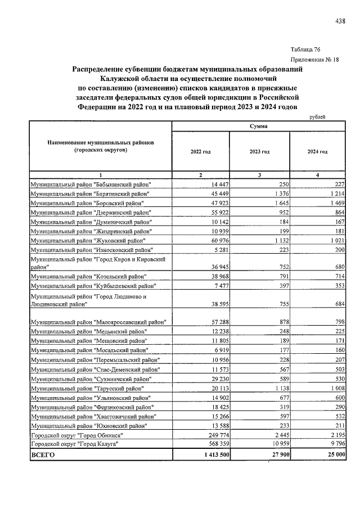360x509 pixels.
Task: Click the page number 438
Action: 340,21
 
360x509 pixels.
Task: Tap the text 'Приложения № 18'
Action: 315,59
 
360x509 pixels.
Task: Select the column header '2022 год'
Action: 201,152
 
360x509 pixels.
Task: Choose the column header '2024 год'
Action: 317,152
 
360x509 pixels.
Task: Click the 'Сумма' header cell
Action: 259,127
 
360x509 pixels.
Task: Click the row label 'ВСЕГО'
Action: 43,454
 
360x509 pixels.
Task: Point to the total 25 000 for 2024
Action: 332,454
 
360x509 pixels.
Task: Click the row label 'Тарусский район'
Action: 90,389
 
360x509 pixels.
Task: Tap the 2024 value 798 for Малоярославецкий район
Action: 336,322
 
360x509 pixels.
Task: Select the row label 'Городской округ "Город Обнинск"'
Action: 83,434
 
